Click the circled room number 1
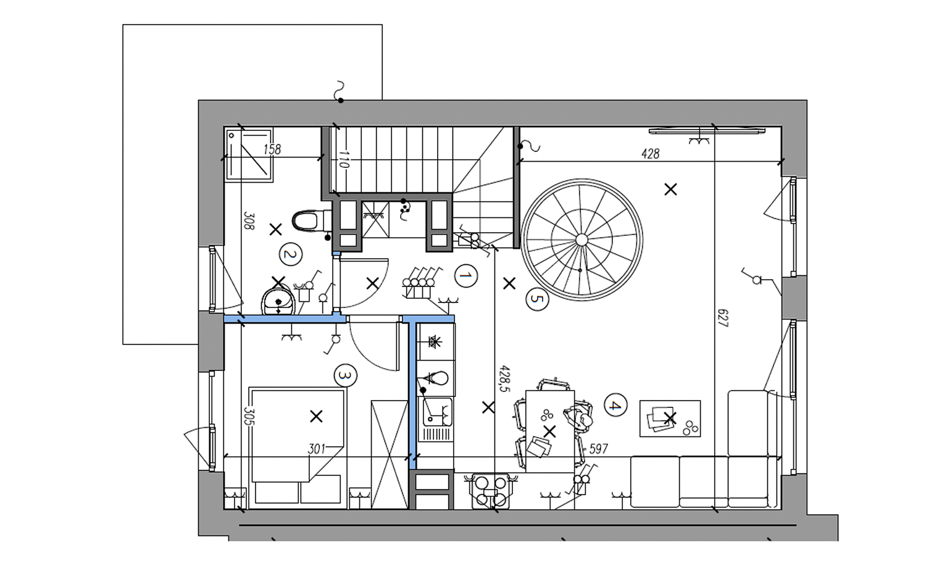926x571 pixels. pos(466,276)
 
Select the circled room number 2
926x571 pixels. pos(291,254)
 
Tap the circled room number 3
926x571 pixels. pos(346,375)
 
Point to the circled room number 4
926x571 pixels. pos(615,405)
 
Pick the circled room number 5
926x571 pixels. pos(538,299)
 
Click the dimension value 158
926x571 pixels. pos(272,149)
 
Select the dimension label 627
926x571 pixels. pos(723,318)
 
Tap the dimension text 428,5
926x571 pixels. pos(505,378)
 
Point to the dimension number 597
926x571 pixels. pos(598,449)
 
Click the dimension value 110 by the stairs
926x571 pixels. pos(343,159)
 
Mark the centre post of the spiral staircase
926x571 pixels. pos(582,240)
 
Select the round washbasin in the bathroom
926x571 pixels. pos(278,301)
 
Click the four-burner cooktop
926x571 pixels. pos(491,491)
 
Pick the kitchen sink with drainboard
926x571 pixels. pos(435,419)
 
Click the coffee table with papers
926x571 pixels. pos(670,418)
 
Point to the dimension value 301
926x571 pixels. pos(317,449)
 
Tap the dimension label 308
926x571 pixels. pos(249,221)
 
